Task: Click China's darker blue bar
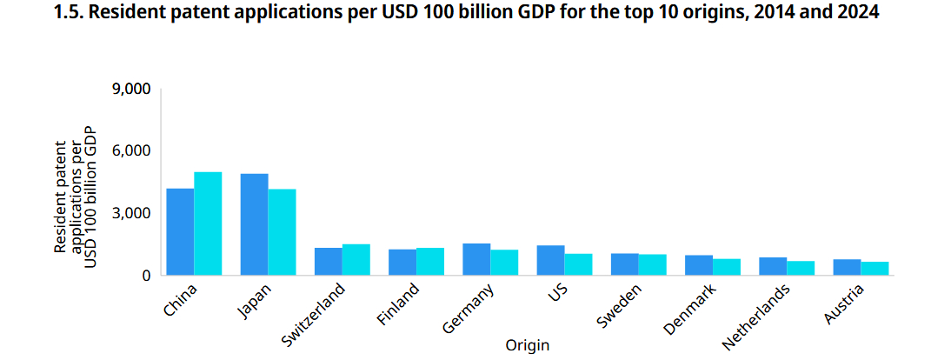[x=180, y=232]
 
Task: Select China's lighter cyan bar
[x=208, y=223]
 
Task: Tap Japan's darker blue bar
[x=254, y=224]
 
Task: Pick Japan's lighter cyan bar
[x=282, y=232]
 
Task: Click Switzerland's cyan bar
[x=356, y=260]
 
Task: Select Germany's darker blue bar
[x=475, y=259]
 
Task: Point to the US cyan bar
[x=577, y=264]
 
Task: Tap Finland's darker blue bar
[x=402, y=262]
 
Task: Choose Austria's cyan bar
[x=874, y=269]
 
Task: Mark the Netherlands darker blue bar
[x=772, y=266]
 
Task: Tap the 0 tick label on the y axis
[x=147, y=276]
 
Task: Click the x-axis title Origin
[x=527, y=345]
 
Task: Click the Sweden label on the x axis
[x=621, y=305]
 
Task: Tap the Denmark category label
[x=689, y=308]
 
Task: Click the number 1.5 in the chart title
[x=67, y=15]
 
